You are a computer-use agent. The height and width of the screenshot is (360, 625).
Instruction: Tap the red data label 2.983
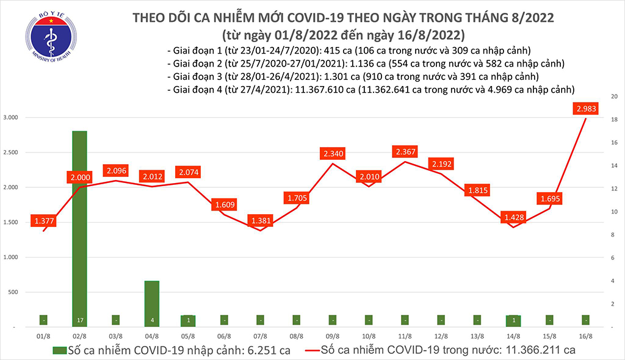click(x=585, y=109)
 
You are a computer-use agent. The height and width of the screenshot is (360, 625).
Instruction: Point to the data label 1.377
click(x=43, y=220)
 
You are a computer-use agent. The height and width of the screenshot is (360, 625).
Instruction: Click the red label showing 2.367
click(x=406, y=151)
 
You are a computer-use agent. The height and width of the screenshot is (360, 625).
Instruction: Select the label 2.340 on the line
click(x=333, y=153)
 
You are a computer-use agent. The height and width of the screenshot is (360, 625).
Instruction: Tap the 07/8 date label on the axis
click(x=261, y=336)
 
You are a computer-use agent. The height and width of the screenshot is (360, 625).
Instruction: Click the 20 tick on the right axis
click(x=615, y=97)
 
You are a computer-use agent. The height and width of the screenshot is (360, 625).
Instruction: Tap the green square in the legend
click(x=59, y=350)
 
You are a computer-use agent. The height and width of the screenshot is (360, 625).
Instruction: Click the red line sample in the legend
click(x=320, y=350)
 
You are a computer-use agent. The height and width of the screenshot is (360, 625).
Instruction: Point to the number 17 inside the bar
click(x=80, y=319)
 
